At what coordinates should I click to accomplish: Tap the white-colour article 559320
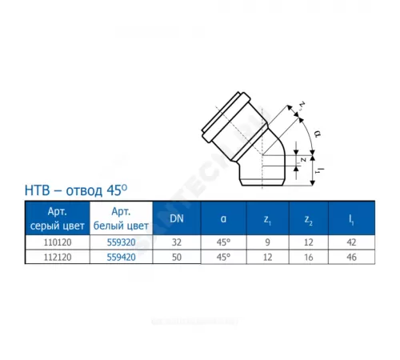tap(120, 242)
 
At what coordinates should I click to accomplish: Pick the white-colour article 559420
tap(120, 256)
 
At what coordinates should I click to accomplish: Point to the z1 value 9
tap(269, 242)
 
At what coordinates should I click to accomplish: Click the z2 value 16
tap(310, 256)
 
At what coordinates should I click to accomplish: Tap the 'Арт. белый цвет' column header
tap(120, 217)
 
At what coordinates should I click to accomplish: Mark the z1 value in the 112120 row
tap(269, 256)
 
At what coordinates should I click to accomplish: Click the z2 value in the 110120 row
tap(310, 242)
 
